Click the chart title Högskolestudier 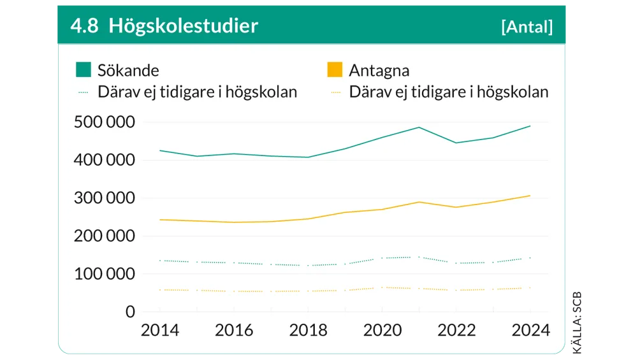[x=183, y=26]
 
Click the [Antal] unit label [x=527, y=27]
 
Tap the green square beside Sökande [x=84, y=69]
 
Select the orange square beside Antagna [x=335, y=69]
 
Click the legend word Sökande [x=128, y=70]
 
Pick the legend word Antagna [x=379, y=70]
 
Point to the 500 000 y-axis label [x=104, y=122]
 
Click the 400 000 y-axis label [x=104, y=161]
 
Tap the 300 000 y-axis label [x=104, y=198]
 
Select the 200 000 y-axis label [x=104, y=236]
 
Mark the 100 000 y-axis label [x=104, y=274]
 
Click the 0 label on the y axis [x=130, y=312]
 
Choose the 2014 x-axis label [x=160, y=330]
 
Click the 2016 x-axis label [x=234, y=330]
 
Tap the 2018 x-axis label [x=308, y=330]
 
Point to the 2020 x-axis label [x=382, y=330]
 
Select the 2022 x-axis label [x=456, y=330]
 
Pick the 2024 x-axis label [x=530, y=330]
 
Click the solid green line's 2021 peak [x=419, y=127]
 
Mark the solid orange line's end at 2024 [x=530, y=196]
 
